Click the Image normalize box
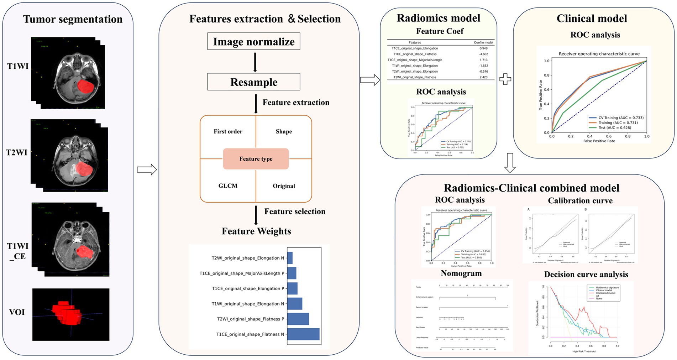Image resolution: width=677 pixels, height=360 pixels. [253, 42]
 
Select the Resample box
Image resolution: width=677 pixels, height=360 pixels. [253, 82]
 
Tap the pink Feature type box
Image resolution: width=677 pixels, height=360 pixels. [256, 159]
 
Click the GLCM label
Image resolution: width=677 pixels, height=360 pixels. [228, 186]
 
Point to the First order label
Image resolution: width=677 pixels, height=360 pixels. [228, 131]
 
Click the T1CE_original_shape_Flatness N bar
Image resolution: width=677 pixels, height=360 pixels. [303, 334]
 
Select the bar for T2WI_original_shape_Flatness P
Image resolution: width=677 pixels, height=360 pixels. [298, 319]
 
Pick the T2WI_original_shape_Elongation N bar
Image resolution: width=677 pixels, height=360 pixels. [290, 258]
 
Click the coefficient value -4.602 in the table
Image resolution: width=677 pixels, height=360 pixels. [483, 54]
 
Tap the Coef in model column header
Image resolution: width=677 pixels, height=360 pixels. [483, 42]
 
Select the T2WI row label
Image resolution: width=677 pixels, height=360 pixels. [17, 152]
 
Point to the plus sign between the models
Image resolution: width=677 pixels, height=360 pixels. [505, 79]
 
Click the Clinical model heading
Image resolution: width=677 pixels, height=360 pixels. [592, 19]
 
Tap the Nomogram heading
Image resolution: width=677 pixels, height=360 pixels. [461, 273]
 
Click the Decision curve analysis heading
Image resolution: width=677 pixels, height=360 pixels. [586, 275]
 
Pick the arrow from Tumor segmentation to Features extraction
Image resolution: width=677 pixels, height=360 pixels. [147, 169]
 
